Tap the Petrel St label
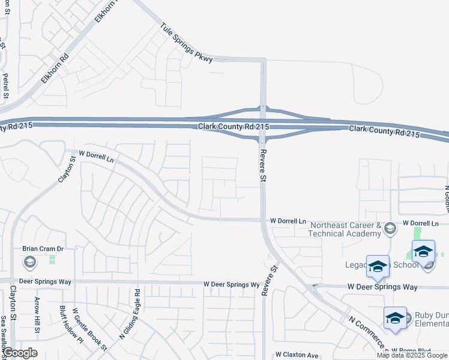click(x=5, y=86)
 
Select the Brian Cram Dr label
click(x=43, y=248)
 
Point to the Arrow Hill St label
click(x=37, y=315)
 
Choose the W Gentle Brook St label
click(x=89, y=329)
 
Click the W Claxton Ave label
click(x=297, y=355)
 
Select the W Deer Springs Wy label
click(x=231, y=284)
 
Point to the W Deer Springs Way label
click(x=382, y=287)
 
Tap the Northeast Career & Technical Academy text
click(x=345, y=230)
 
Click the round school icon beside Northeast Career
click(x=390, y=227)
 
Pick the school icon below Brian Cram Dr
click(x=29, y=262)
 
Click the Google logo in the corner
click(x=20, y=353)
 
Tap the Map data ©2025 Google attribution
click(x=412, y=355)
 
